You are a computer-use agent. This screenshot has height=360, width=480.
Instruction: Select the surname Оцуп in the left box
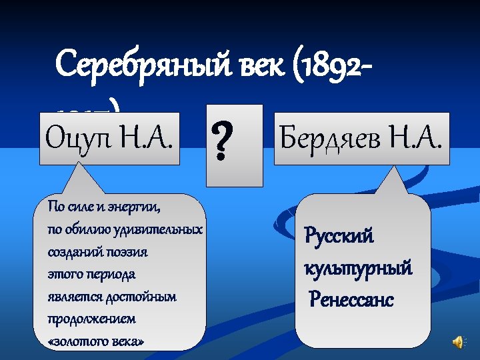73,139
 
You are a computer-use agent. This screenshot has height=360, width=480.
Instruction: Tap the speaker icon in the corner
459,341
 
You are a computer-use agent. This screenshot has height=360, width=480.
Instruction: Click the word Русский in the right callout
339,235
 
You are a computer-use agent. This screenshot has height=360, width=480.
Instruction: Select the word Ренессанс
352,300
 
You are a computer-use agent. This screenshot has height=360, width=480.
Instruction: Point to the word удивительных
162,229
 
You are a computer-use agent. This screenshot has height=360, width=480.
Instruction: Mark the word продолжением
91,319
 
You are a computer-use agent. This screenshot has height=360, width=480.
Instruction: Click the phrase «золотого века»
96,341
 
